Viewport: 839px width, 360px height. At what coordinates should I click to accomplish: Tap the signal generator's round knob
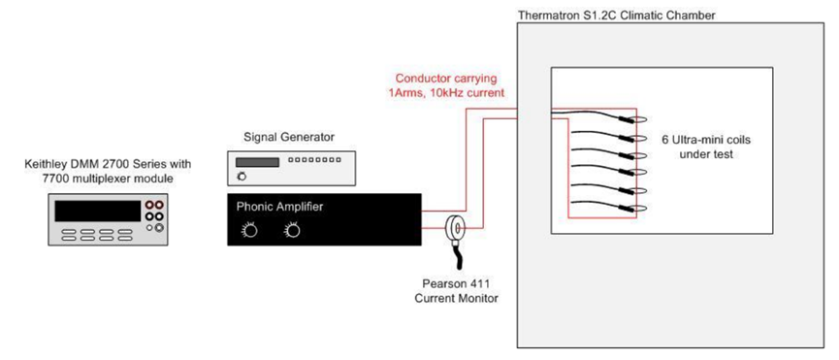(242, 176)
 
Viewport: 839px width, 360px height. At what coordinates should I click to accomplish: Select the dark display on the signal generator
(257, 162)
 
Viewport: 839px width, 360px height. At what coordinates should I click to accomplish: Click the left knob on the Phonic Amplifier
(249, 231)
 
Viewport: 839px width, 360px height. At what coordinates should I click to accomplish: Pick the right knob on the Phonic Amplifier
(292, 231)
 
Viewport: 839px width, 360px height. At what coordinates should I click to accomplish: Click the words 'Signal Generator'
(289, 138)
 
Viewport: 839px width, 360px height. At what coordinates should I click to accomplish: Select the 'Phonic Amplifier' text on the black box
(280, 206)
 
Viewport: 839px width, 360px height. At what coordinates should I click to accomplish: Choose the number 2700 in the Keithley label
(121, 164)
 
